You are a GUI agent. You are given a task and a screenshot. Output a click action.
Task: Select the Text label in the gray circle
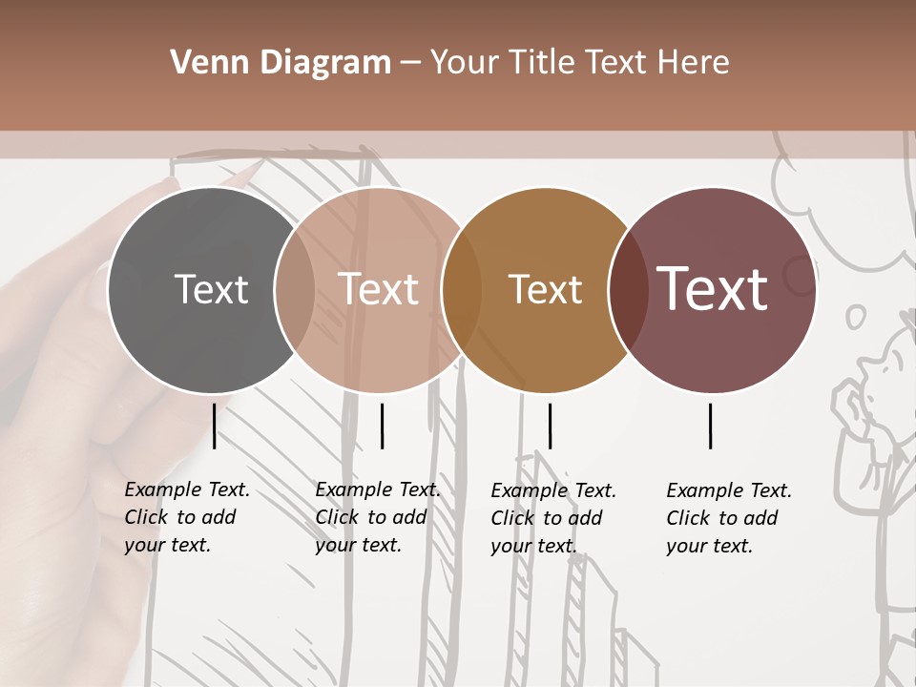[x=211, y=289]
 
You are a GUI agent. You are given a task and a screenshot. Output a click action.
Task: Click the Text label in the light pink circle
[x=378, y=289]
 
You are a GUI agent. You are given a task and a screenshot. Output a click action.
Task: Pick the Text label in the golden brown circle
[x=545, y=289]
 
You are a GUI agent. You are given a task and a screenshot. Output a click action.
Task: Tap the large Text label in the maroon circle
[x=712, y=289]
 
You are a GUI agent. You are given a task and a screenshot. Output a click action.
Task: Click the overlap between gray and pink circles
[x=295, y=290]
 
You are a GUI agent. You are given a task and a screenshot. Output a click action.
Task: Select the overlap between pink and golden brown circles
[x=462, y=290]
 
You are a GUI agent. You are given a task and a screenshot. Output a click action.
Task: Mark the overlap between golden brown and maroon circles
[x=629, y=290]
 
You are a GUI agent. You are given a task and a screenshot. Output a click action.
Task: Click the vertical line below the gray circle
[x=215, y=426]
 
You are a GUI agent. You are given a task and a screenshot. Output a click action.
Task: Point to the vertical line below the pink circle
[x=382, y=426]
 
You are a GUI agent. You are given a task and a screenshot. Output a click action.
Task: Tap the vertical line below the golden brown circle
[x=550, y=426]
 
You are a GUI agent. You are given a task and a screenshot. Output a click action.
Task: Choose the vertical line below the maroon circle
[x=711, y=426]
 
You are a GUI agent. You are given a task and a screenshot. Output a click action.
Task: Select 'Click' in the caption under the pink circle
[x=337, y=517]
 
